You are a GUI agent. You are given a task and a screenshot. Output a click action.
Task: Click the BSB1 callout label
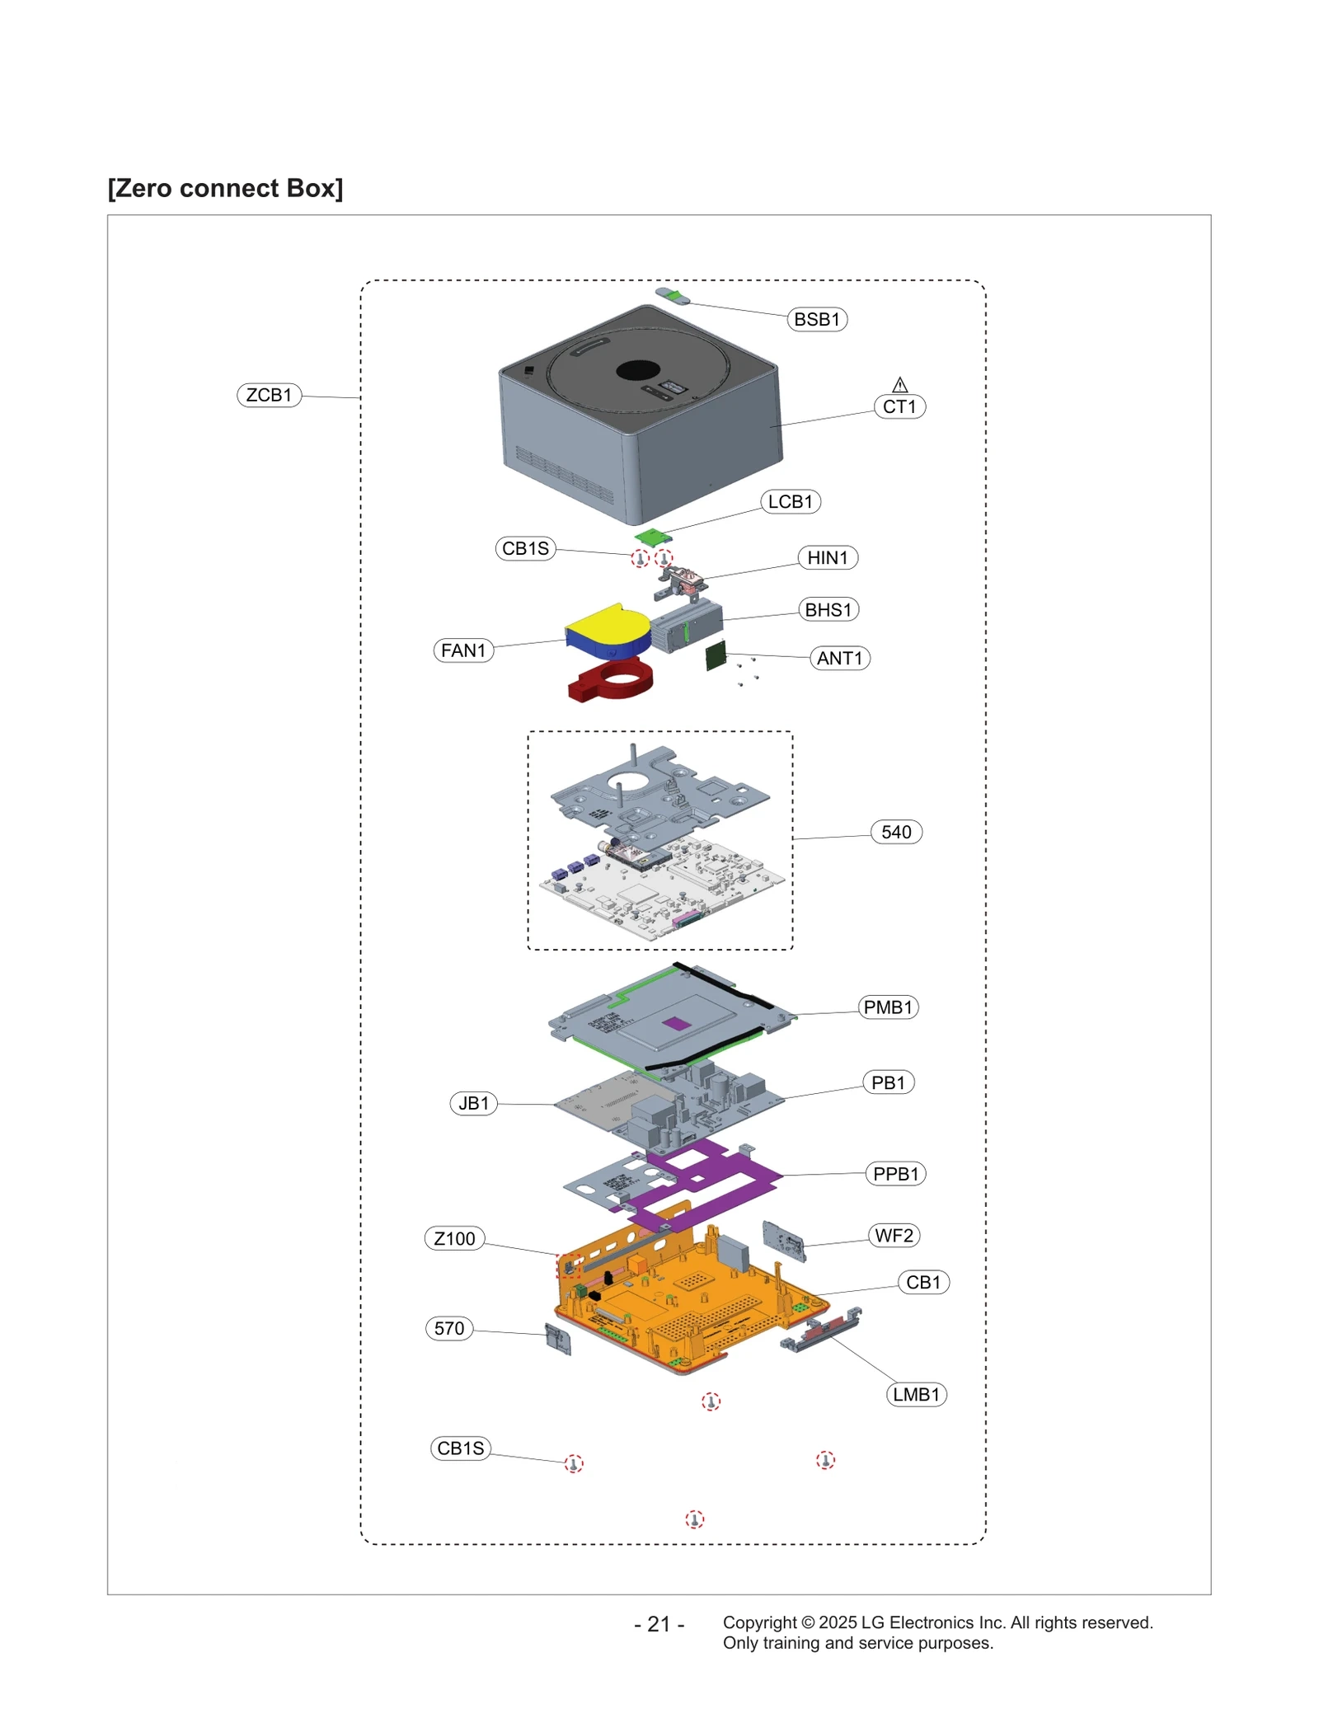click(x=815, y=319)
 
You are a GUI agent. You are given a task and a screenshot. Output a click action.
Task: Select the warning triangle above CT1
click(x=899, y=385)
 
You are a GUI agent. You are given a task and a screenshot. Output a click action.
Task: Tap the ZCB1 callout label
click(x=269, y=395)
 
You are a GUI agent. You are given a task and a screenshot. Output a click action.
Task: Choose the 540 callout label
click(x=895, y=832)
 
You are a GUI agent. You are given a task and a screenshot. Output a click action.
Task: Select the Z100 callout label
click(x=454, y=1238)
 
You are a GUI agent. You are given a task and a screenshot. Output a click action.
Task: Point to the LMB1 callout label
click(x=915, y=1394)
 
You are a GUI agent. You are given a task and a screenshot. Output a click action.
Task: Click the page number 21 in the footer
click(x=658, y=1624)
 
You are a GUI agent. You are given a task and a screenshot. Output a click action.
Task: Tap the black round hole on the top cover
click(x=637, y=371)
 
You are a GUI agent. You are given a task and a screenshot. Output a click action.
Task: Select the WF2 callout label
click(x=893, y=1235)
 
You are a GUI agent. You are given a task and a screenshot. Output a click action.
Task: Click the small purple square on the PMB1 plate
click(x=676, y=1023)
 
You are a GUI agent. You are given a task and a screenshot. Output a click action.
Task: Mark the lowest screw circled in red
click(x=694, y=1519)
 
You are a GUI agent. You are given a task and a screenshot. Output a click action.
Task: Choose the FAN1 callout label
click(x=462, y=650)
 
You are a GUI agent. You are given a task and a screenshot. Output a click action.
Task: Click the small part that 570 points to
click(x=558, y=1340)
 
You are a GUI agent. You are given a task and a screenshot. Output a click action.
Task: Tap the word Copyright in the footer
click(x=759, y=1622)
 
